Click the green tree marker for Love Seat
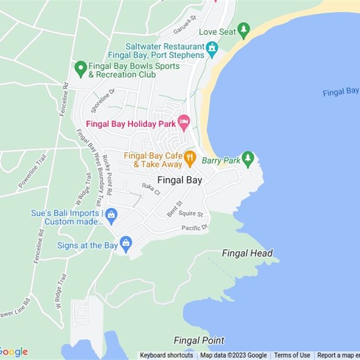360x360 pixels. point(243,31)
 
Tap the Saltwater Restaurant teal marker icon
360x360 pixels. point(211,48)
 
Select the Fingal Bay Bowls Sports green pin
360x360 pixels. point(81,69)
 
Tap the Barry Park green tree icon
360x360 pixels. point(247,158)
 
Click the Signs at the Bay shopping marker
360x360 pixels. point(126,244)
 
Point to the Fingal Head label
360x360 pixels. point(247,253)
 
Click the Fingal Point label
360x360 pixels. point(199,340)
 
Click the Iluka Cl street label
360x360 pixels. point(151,189)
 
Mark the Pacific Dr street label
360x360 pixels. point(195,228)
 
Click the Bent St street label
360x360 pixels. point(175,209)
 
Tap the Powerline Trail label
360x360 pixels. point(32,171)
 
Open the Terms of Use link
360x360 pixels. point(292,355)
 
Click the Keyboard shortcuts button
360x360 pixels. point(166,355)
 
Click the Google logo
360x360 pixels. point(13,352)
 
